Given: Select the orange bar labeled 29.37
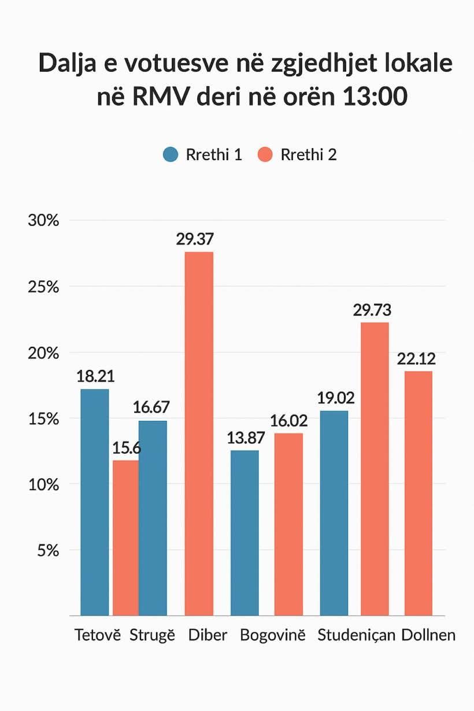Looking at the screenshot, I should click(199, 434).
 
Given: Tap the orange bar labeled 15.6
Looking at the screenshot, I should click(125, 538).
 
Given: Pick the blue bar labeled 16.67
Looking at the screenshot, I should click(153, 518).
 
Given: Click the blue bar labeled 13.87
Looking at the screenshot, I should click(245, 532).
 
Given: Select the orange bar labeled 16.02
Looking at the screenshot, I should click(288, 524).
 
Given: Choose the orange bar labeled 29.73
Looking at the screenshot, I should click(375, 469).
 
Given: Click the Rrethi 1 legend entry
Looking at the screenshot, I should click(202, 155).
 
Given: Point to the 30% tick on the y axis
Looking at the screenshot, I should click(43, 220).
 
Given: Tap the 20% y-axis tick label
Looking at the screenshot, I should click(43, 353).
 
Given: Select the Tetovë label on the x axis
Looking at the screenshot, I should click(98, 635).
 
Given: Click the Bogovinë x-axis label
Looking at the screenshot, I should click(272, 635).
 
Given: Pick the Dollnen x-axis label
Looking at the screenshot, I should click(428, 635).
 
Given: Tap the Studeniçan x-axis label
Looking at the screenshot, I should click(356, 635).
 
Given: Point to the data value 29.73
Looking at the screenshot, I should click(372, 310).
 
